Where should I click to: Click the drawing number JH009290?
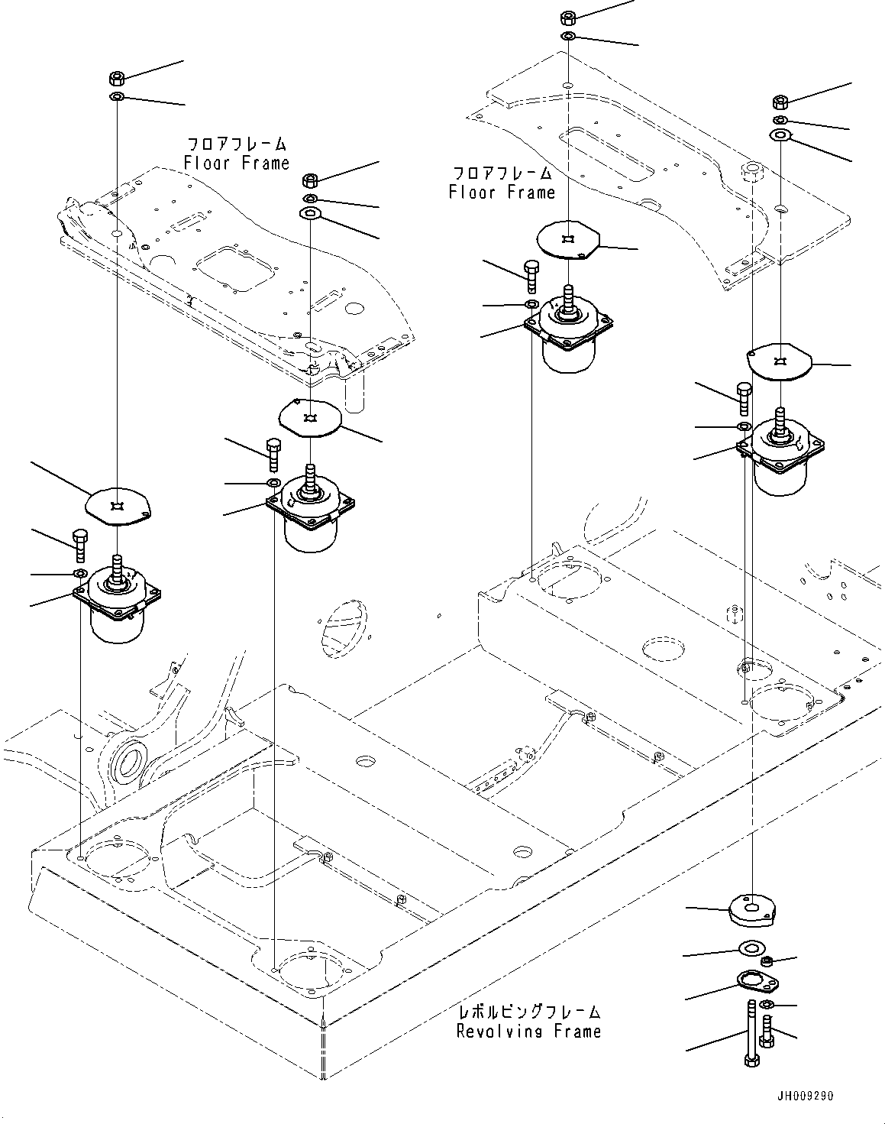point(806,1096)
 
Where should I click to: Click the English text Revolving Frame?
point(528,1032)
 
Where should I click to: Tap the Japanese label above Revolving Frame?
point(528,1012)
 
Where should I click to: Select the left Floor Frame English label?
point(237,163)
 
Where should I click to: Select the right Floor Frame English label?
point(502,193)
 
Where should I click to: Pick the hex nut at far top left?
point(117,78)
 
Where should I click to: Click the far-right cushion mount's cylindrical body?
point(779,477)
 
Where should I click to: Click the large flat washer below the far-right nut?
point(780,136)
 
